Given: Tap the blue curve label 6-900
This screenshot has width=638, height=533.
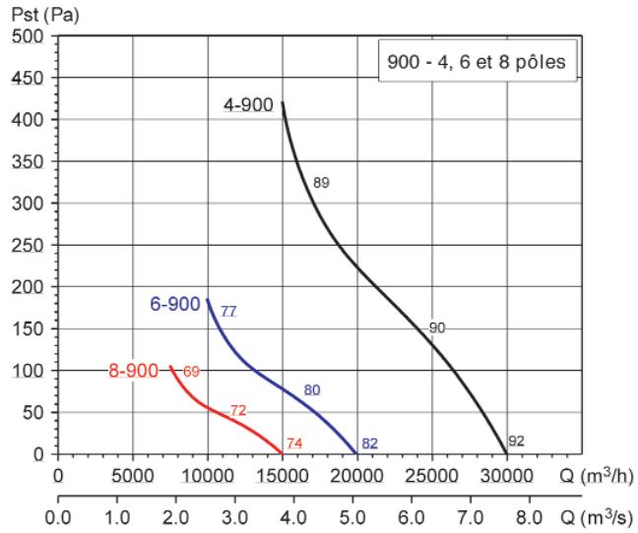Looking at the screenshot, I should [x=175, y=304].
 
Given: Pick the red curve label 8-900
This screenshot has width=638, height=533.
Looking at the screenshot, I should [x=132, y=371].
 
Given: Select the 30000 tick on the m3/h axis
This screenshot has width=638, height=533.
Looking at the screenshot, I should [x=506, y=478].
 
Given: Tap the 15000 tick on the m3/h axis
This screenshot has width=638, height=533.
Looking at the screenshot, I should [x=282, y=478].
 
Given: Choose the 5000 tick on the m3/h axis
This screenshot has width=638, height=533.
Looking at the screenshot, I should [x=133, y=478].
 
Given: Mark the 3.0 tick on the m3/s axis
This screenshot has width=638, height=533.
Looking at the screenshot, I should [x=235, y=515].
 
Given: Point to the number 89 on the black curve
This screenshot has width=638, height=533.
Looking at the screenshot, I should [x=321, y=183].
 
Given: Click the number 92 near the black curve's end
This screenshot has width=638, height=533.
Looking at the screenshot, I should [x=516, y=442].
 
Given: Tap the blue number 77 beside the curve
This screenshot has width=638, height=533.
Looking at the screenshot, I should [x=228, y=311].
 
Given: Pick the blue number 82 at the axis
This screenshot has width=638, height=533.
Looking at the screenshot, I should [x=369, y=444].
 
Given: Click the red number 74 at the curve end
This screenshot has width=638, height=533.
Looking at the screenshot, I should [x=293, y=444].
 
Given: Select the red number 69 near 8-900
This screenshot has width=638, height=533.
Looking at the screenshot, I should [x=191, y=371].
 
